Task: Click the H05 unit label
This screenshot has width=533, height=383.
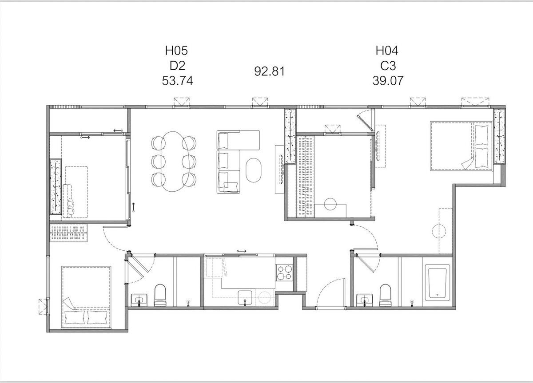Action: [177, 51]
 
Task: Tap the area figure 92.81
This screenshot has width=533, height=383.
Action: [269, 71]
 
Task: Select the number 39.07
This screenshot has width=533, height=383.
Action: [388, 81]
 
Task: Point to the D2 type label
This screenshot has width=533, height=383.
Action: [177, 66]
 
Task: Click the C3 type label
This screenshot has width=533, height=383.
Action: [388, 66]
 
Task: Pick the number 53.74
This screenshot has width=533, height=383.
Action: [177, 81]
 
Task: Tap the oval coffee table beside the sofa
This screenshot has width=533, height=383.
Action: [254, 170]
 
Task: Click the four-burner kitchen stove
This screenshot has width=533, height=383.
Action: [284, 272]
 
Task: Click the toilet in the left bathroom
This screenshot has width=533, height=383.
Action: [160, 295]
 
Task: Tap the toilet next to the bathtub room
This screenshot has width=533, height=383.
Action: [385, 295]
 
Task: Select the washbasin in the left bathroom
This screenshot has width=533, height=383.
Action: [139, 300]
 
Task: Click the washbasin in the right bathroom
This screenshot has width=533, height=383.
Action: [365, 300]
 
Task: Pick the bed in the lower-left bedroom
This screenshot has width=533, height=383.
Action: [86, 297]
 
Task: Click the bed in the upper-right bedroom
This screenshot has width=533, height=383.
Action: [461, 146]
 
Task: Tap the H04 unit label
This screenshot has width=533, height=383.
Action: [387, 51]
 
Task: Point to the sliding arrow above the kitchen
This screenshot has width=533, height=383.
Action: [241, 251]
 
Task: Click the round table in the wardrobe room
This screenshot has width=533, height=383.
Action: [330, 204]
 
